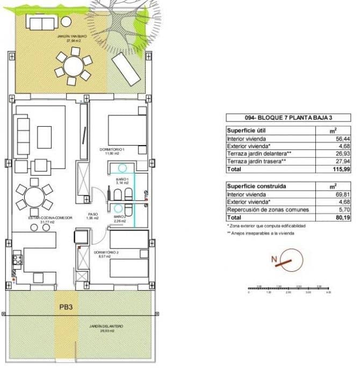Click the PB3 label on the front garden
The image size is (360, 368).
[67, 309]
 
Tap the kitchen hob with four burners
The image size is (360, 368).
[16, 259]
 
